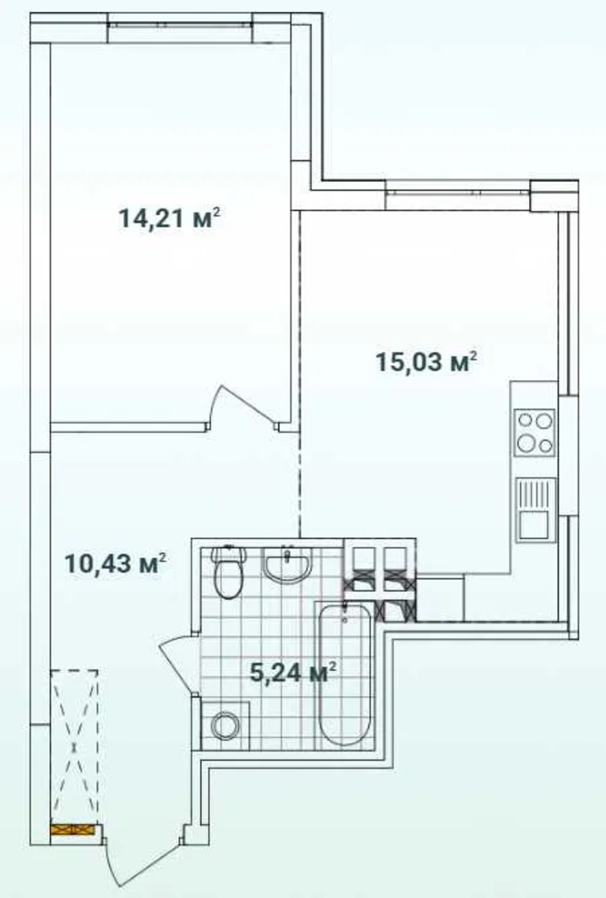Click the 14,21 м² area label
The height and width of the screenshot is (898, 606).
(x=170, y=219)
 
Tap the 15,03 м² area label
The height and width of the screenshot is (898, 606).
(x=427, y=362)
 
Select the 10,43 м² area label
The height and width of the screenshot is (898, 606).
(x=115, y=563)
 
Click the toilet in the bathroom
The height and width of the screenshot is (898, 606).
(x=228, y=572)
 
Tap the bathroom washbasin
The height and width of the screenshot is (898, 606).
(x=287, y=563)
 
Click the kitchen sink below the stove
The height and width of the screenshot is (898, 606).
(x=536, y=510)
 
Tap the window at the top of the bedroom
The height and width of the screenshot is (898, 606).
(x=181, y=25)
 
